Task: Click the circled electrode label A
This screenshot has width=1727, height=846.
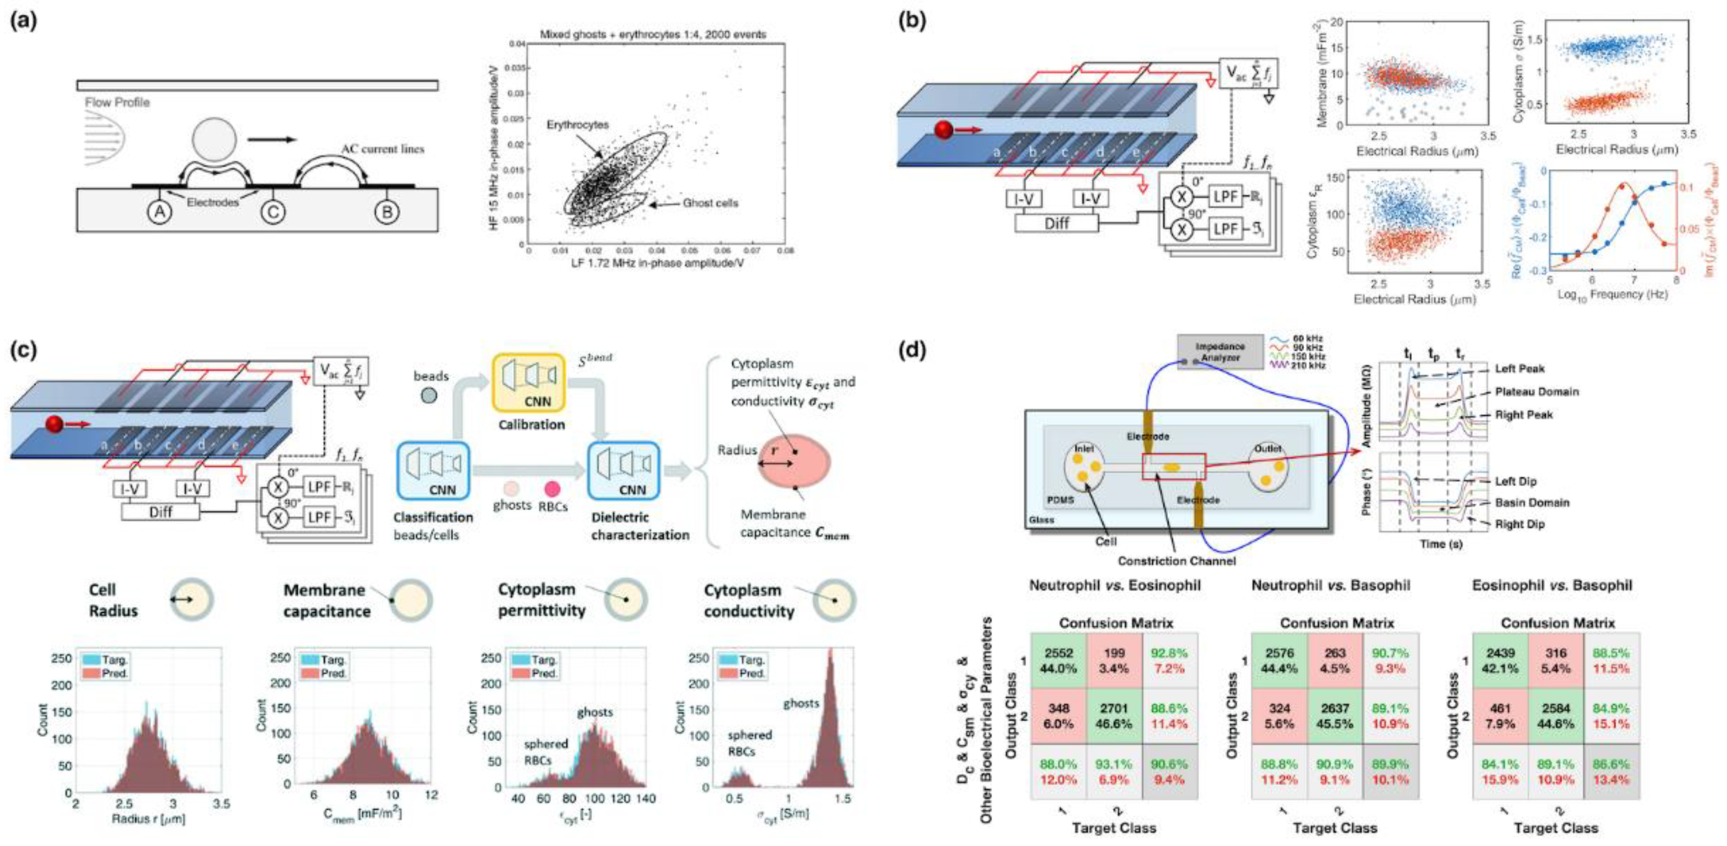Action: pyautogui.click(x=159, y=213)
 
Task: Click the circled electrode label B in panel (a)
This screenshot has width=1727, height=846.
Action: pyautogui.click(x=387, y=213)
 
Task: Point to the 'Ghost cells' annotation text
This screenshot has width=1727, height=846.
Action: pyautogui.click(x=710, y=203)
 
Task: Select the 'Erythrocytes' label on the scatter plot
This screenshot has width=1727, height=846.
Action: pyautogui.click(x=577, y=125)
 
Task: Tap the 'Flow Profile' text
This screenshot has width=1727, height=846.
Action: pyautogui.click(x=117, y=102)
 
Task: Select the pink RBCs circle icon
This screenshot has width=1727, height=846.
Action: pyautogui.click(x=552, y=488)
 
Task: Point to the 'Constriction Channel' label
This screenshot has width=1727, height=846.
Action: pyautogui.click(x=1177, y=560)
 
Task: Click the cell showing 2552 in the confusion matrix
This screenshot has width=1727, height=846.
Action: pyautogui.click(x=1059, y=660)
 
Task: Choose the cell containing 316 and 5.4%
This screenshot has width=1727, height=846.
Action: pyautogui.click(x=1556, y=660)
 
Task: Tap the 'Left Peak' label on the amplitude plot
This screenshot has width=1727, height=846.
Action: pyautogui.click(x=1519, y=369)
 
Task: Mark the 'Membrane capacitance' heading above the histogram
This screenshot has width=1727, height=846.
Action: pyautogui.click(x=326, y=600)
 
